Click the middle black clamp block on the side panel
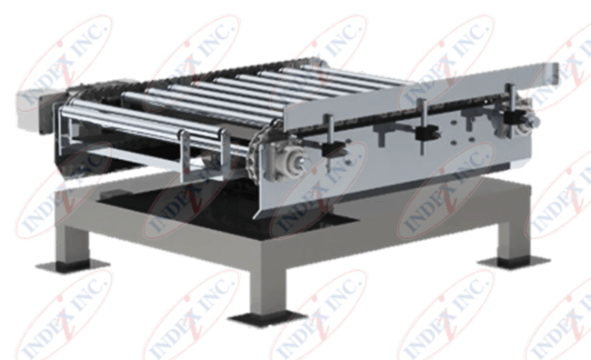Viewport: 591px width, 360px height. pos(422,133)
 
